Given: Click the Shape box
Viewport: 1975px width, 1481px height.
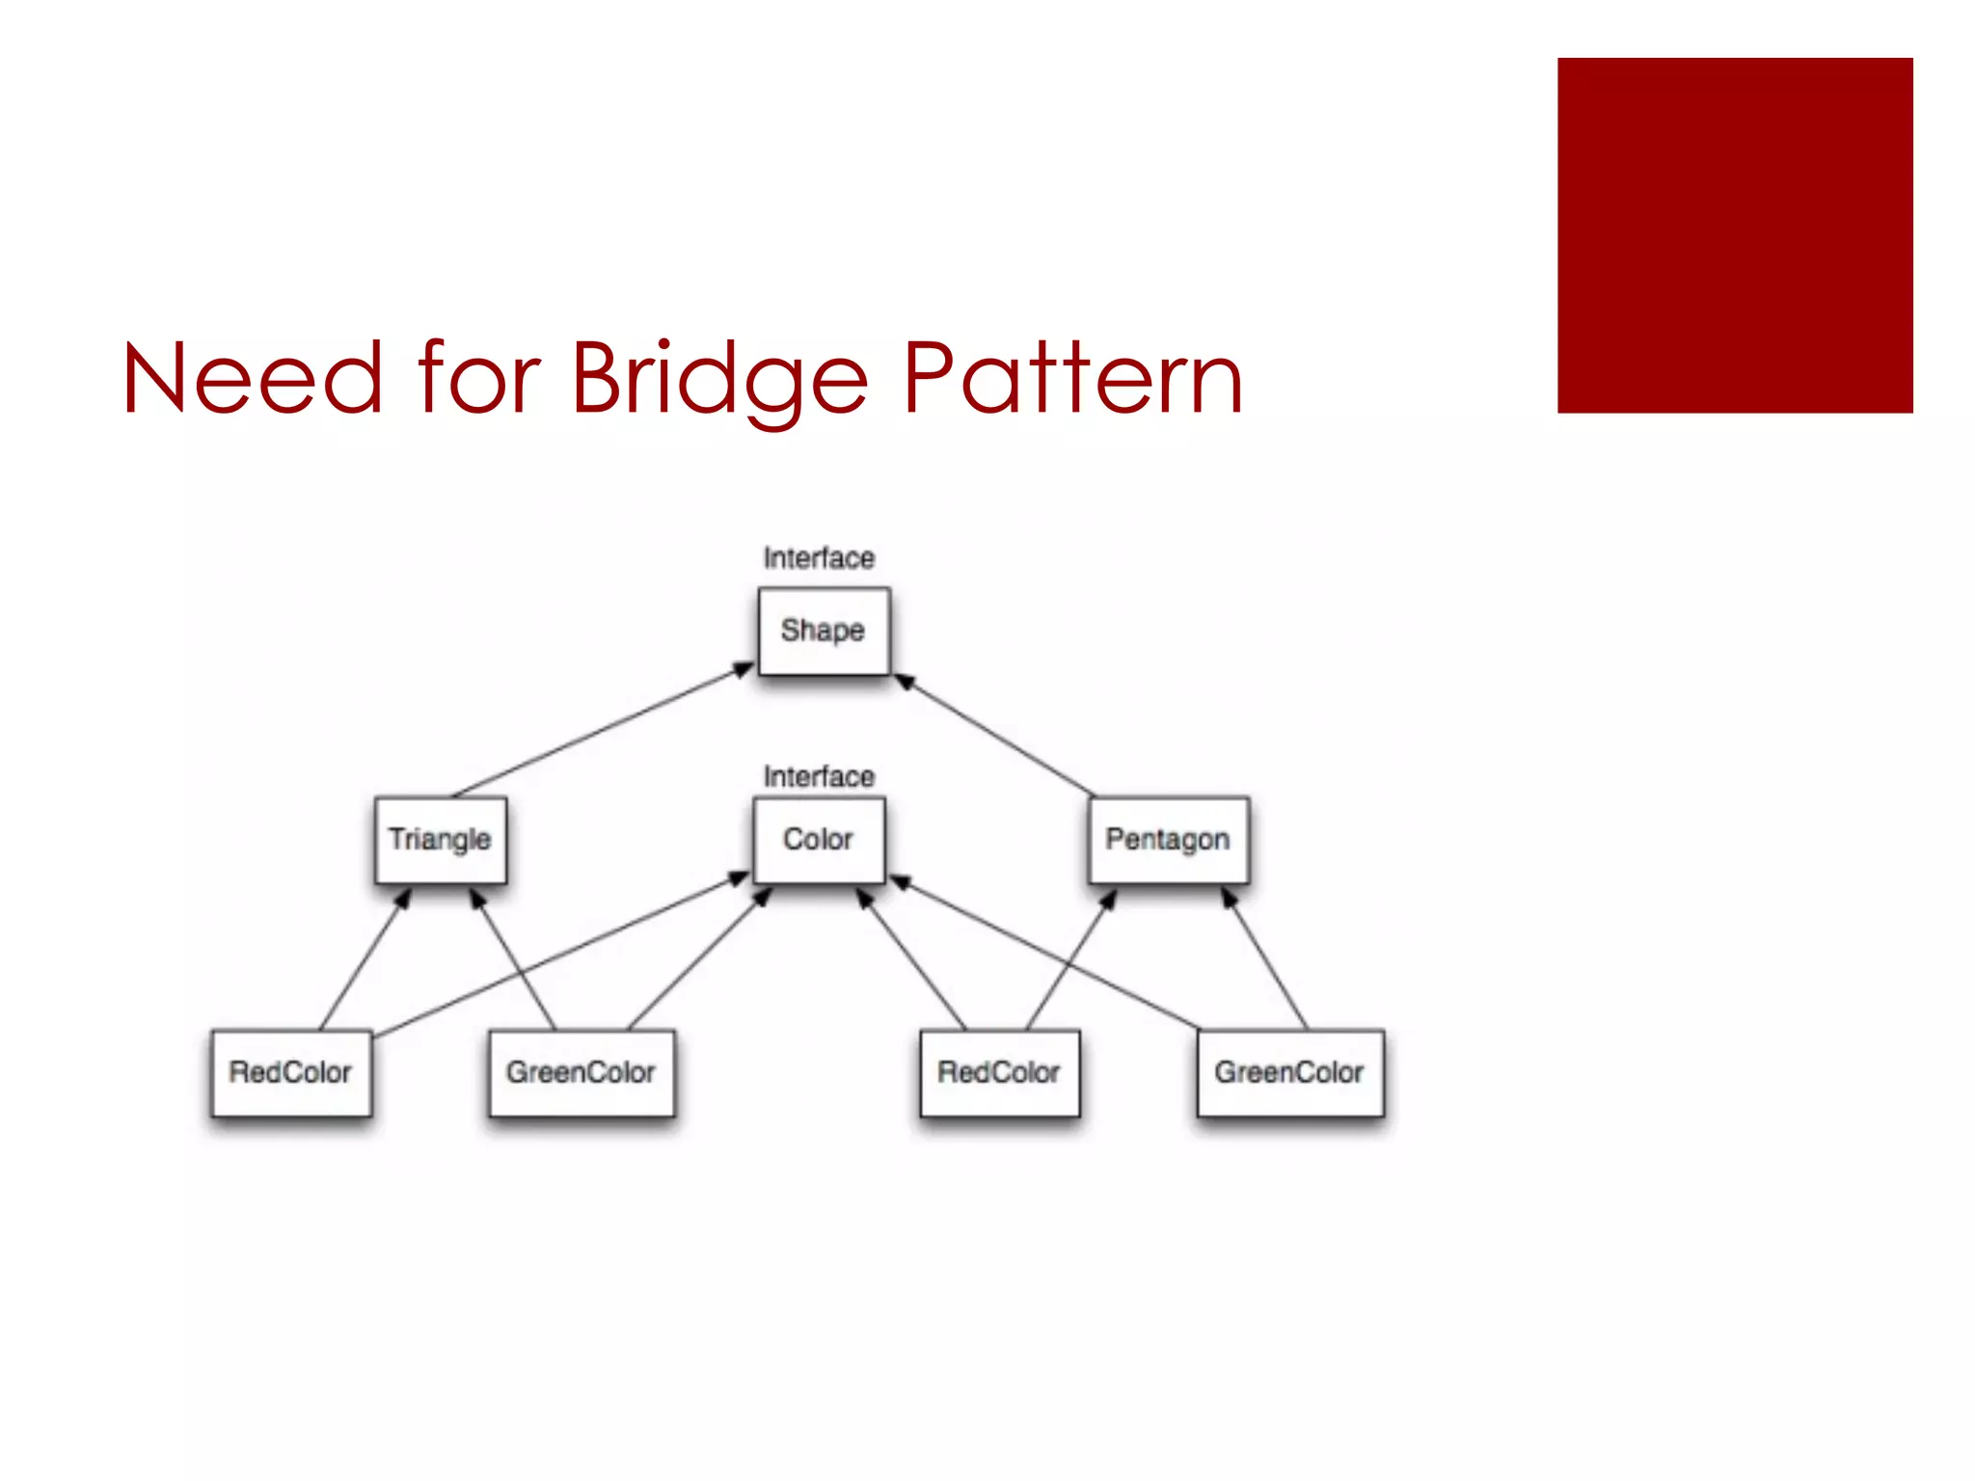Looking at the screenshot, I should tap(824, 632).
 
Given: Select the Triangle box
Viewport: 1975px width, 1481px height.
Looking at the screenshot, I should tap(441, 840).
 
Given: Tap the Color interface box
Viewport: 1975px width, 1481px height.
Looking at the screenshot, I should tap(819, 840).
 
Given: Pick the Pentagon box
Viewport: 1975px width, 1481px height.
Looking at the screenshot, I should tap(1168, 840).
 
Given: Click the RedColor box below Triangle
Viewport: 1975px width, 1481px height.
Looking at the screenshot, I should tap(291, 1073).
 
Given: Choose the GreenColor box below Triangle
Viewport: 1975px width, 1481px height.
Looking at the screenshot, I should tap(582, 1073).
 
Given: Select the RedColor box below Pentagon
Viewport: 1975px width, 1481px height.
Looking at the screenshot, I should tap(1000, 1073).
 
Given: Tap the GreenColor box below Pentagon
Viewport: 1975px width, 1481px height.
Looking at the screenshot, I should tap(1290, 1073).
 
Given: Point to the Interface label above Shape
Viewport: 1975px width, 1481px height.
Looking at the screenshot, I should tap(819, 558).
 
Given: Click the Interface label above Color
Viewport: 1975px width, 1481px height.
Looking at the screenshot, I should tap(819, 777).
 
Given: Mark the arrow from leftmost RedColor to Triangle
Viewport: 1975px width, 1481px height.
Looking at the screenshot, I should tap(365, 960).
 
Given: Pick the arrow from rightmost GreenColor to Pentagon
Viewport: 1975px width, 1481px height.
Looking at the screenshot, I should tap(1265, 960).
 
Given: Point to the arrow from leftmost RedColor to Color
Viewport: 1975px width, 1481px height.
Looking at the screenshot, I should tap(559, 956).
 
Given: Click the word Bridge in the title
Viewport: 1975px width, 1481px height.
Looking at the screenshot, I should tap(719, 380).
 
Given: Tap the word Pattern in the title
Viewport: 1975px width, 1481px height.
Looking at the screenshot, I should tap(1072, 380).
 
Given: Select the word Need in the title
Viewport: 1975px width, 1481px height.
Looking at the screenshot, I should tap(253, 380).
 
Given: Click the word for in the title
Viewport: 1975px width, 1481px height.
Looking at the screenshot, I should tap(479, 380).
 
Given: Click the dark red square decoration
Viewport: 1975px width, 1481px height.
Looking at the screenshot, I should tap(1734, 235).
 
